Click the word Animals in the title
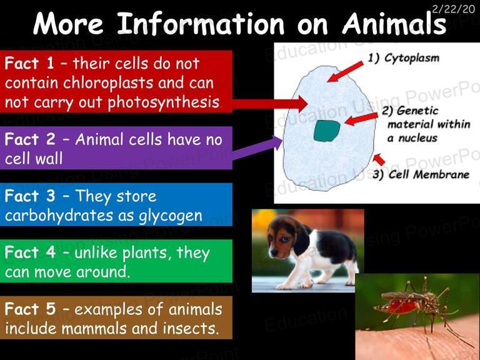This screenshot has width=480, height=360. [x=394, y=24]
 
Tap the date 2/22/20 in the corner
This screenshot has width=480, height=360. [x=453, y=9]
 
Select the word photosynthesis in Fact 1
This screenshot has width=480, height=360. [x=164, y=102]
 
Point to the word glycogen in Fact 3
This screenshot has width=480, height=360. [x=171, y=216]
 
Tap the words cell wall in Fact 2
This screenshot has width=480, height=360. [x=34, y=159]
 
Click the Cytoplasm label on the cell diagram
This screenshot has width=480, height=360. [x=412, y=58]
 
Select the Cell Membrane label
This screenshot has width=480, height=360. [x=429, y=174]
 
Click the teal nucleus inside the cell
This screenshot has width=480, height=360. [x=327, y=131]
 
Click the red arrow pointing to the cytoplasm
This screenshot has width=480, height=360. [x=345, y=71]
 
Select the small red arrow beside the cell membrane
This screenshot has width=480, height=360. [x=379, y=159]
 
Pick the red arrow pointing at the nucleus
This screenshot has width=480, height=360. [x=361, y=119]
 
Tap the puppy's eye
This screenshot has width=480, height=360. [x=284, y=239]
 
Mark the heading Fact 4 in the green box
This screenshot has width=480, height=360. [x=30, y=253]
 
